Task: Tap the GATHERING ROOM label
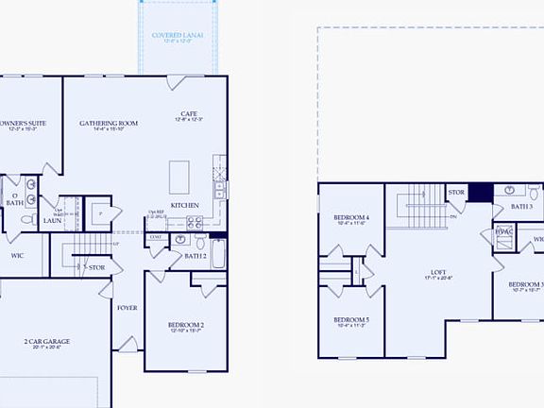pos(109,124)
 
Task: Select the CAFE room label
pos(188,117)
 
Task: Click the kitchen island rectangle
pos(178,176)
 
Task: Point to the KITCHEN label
pos(184,205)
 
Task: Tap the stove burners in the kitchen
pos(194,223)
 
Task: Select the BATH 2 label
pos(195,256)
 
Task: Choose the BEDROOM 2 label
pos(187,327)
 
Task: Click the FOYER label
pos(127,308)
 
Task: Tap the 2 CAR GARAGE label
pos(47,343)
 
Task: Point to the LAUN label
pos(53,221)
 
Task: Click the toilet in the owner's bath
pos(26,219)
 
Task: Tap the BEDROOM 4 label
pos(350,218)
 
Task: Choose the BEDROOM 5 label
pos(350,320)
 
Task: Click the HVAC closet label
pos(503,231)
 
